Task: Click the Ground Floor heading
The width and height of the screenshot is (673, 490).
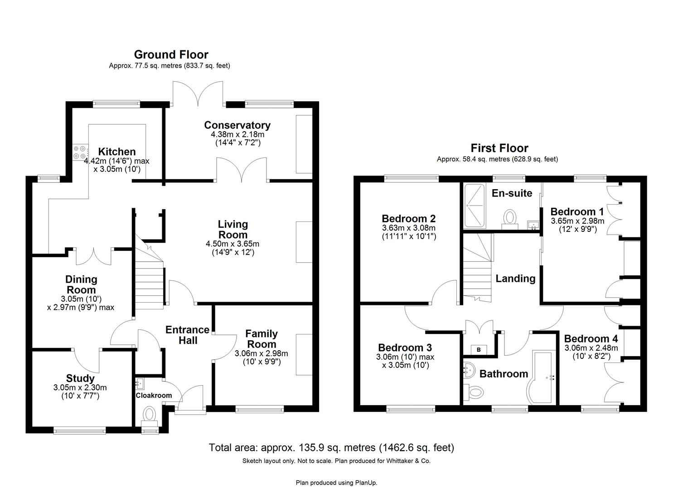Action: coord(171,55)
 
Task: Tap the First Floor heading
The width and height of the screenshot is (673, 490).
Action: coord(499,148)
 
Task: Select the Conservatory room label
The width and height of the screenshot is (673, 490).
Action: coord(237,125)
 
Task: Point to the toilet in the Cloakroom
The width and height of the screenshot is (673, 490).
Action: coord(149,415)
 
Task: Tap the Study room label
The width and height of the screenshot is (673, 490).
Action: coord(80,378)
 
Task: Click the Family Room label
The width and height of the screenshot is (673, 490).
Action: coord(261,339)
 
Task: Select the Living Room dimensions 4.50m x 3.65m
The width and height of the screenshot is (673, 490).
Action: coord(232,244)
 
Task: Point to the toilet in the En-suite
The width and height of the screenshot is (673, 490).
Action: coord(510,218)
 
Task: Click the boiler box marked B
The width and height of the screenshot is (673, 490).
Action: coord(478,349)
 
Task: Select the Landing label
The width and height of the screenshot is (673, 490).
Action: coord(515,279)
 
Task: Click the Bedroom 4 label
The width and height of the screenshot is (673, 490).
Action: coord(591,339)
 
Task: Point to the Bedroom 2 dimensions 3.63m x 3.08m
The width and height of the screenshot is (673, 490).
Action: coord(408,228)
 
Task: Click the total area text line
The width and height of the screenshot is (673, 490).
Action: coord(331,448)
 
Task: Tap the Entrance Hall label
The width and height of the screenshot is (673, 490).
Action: coord(187,335)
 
